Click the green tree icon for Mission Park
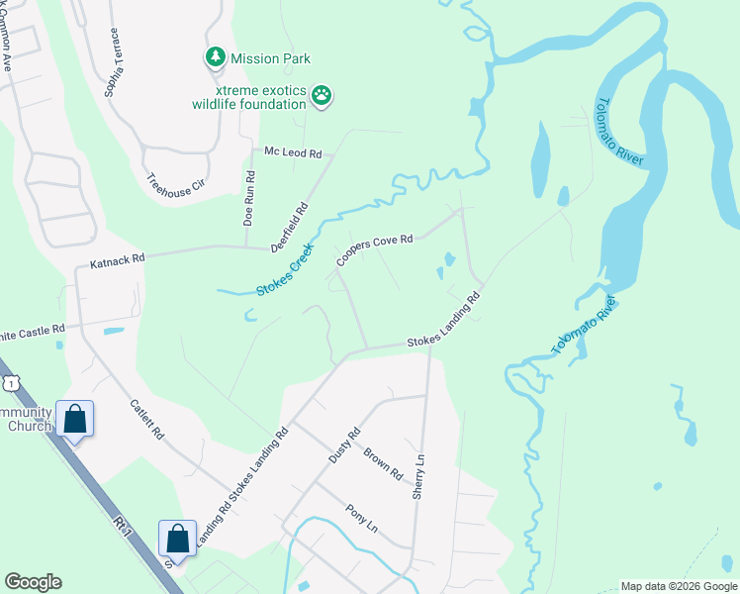click(x=215, y=57)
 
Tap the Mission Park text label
click(x=270, y=58)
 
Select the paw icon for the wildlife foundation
click(x=322, y=95)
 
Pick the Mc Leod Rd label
click(x=293, y=153)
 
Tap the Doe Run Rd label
click(x=249, y=198)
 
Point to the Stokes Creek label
click(x=285, y=270)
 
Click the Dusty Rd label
click(x=344, y=445)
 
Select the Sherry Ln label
click(x=419, y=477)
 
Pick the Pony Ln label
click(x=361, y=518)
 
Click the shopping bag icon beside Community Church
click(x=75, y=420)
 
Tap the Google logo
click(x=33, y=582)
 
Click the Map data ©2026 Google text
click(x=678, y=586)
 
